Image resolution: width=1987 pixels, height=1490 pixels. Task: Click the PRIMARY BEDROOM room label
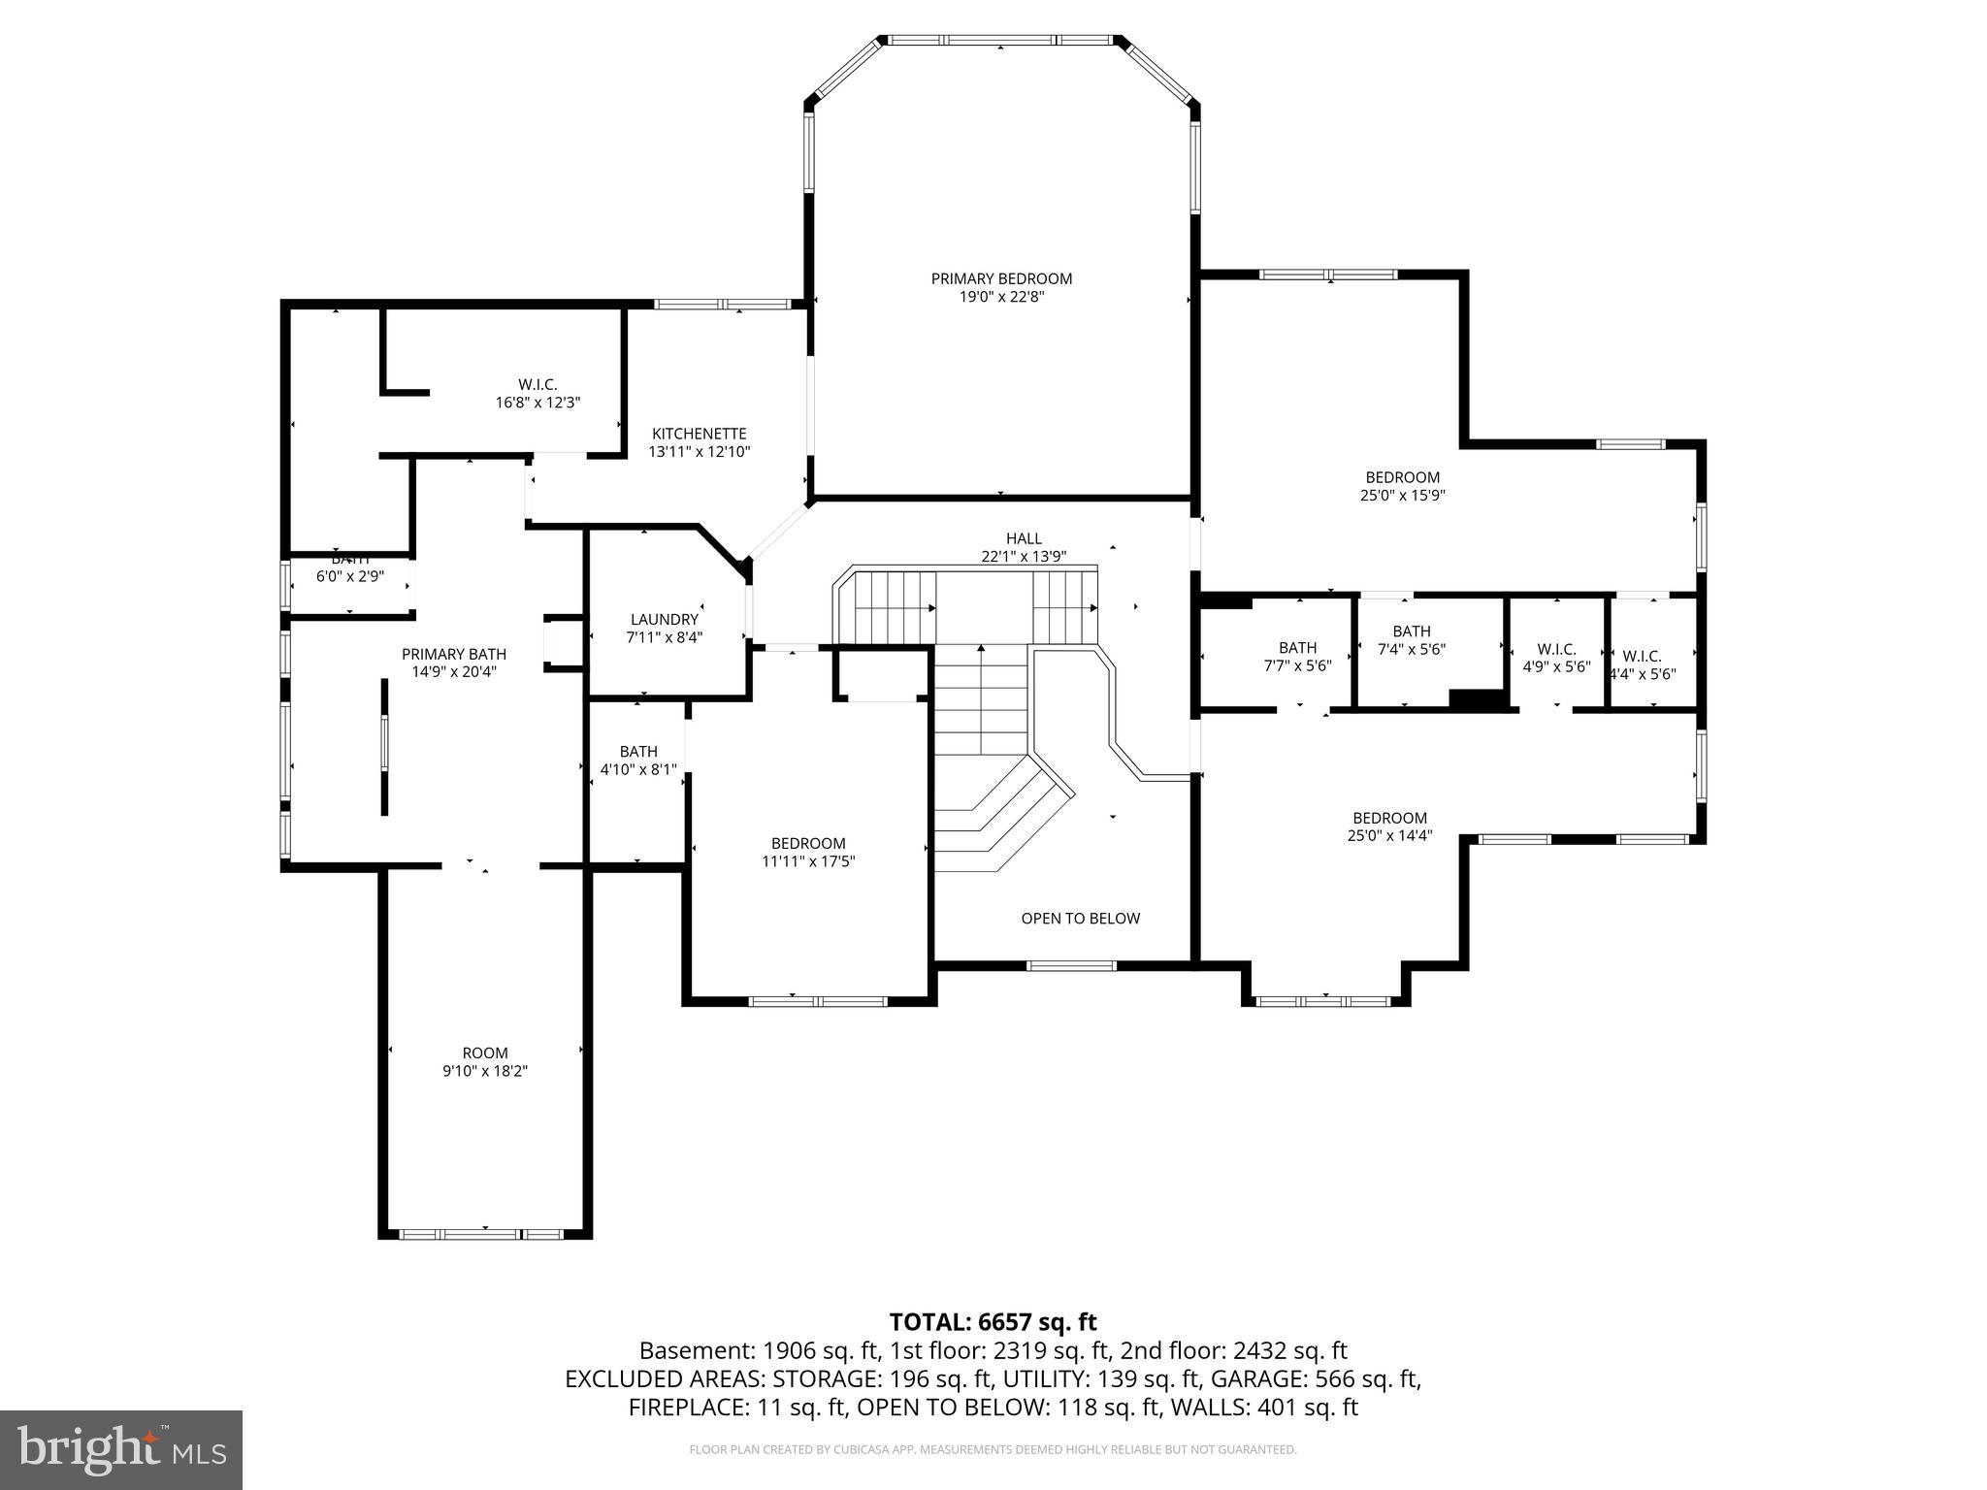1001,278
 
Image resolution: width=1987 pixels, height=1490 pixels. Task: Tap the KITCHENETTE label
699,434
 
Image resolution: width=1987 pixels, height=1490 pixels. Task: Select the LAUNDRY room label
664,619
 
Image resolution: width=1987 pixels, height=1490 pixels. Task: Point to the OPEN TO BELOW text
1080,918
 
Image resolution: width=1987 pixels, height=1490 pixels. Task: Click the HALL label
1024,538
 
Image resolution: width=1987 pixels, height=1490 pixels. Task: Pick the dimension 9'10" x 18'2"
484,1071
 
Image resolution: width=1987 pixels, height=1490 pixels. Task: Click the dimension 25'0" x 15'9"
1402,495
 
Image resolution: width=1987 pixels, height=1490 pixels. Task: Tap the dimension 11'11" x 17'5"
808,861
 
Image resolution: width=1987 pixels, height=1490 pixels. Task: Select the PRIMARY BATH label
454,654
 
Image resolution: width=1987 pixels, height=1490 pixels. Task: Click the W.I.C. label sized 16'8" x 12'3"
537,384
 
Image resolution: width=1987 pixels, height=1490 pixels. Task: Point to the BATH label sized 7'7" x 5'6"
1297,647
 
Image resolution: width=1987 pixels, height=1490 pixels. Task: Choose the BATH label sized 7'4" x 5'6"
1411,632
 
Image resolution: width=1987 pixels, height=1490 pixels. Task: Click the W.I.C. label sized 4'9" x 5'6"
1556,649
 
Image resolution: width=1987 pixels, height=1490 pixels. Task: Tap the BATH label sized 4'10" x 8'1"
638,751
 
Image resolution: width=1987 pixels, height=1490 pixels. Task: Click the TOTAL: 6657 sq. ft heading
993,1321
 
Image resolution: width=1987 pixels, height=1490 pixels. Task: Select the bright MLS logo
121,1449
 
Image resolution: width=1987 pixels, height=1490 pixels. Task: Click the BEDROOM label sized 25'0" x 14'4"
1389,818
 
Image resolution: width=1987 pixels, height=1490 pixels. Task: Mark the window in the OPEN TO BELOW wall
1071,964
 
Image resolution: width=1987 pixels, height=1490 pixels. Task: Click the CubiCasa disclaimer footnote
993,1449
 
